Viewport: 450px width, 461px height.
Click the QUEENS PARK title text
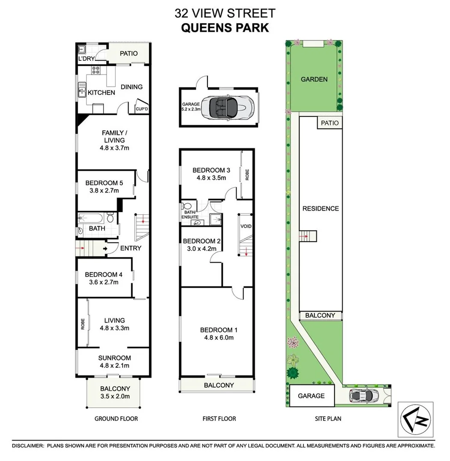click(x=225, y=28)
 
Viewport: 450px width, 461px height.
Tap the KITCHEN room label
click(x=101, y=93)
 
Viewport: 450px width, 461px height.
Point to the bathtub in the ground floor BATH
click(x=91, y=219)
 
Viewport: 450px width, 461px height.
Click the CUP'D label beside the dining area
click(x=141, y=109)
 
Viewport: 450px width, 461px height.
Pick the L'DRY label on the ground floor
click(x=86, y=58)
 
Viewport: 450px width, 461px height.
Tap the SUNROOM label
click(x=114, y=358)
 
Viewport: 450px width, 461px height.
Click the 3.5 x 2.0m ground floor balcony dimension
click(x=114, y=397)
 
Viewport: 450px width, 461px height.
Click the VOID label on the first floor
click(x=246, y=226)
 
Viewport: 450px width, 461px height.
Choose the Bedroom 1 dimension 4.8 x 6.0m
click(x=219, y=338)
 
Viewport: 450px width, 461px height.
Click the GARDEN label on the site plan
click(x=314, y=79)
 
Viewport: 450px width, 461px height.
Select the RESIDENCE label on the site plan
click(x=320, y=208)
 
